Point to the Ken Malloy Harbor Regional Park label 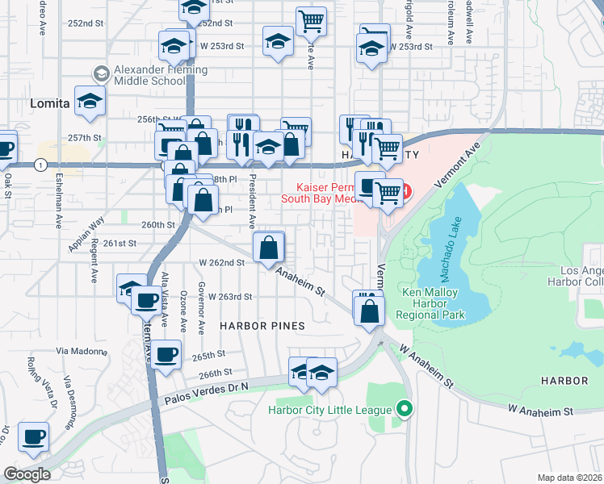[437, 303]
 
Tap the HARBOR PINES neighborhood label [262, 326]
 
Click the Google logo [27, 474]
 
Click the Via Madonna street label [81, 351]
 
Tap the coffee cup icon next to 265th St [166, 354]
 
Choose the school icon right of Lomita [90, 101]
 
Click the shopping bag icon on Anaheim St [269, 248]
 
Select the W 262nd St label [221, 262]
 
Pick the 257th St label [85, 138]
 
